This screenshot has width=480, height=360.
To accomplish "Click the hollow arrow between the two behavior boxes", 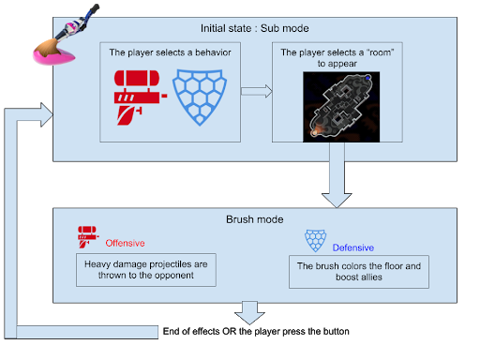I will (254, 92).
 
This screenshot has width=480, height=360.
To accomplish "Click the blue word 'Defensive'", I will (353, 247).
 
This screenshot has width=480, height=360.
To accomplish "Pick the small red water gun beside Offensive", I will (88, 237).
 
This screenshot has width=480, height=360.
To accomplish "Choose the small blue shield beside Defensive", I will (315, 242).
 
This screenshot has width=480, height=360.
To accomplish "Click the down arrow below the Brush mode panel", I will (249, 312).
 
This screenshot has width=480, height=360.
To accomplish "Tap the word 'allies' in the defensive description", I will (376, 279).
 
